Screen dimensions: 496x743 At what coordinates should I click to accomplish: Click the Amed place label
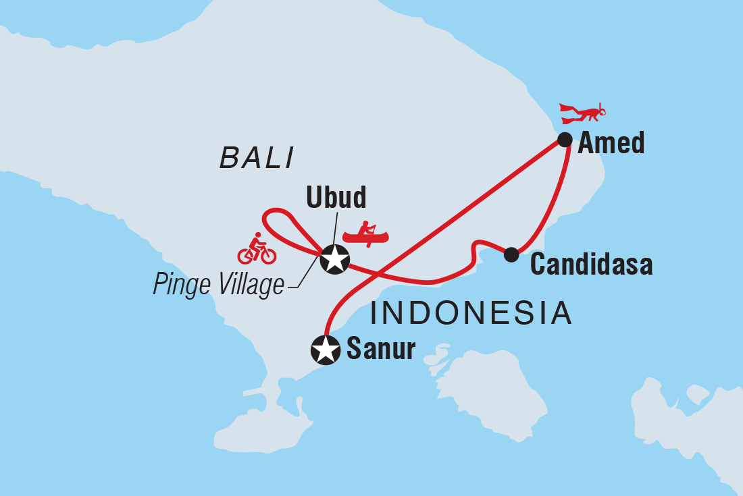coord(611,143)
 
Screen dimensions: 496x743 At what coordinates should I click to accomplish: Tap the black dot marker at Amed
coord(565,140)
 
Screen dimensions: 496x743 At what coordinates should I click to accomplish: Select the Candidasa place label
coord(591,265)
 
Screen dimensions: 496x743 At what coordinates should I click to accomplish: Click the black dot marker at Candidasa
coord(511,254)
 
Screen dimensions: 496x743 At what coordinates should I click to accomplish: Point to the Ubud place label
coord(336,198)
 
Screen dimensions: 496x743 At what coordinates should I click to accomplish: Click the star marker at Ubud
coord(334,258)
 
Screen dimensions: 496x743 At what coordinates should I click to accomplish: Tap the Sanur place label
coord(380,349)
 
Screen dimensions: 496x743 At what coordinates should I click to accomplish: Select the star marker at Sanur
coord(325,350)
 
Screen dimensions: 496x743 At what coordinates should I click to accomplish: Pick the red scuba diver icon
coord(583,113)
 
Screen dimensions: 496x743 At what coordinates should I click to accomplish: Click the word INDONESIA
coord(471,314)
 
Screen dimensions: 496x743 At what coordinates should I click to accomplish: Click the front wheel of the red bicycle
coord(268,255)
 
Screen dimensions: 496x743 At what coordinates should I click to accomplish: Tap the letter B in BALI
coord(228,159)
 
